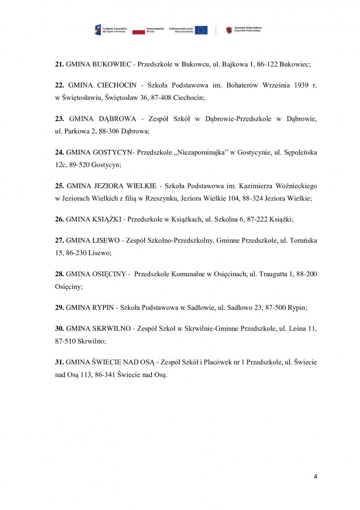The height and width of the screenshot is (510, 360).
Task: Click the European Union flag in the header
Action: [201, 30]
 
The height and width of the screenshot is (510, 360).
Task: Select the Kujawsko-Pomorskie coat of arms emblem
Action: [229, 30]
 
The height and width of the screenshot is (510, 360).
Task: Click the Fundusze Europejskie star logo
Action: [98, 30]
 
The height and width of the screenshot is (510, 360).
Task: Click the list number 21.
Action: [59, 64]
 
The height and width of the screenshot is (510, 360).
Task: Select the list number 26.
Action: [59, 218]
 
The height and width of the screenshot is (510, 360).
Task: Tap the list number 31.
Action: [59, 362]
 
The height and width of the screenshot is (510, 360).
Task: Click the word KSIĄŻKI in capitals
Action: [105, 218]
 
